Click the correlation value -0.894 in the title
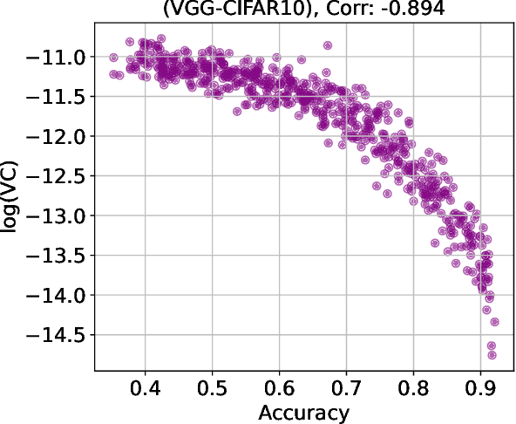pos(388,10)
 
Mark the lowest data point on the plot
pos(492,354)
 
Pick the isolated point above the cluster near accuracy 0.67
pos(328,44)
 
